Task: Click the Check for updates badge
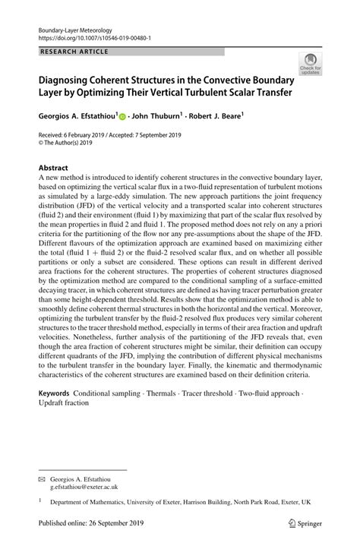coord(310,65)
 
